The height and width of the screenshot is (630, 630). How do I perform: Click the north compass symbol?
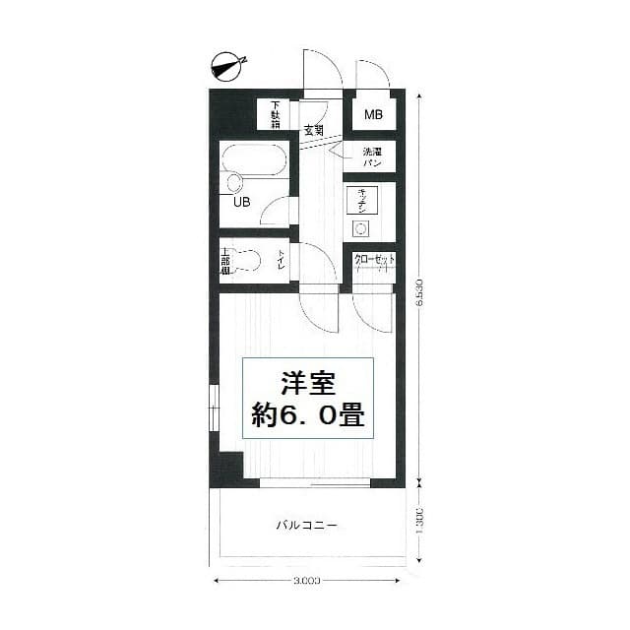[227, 67]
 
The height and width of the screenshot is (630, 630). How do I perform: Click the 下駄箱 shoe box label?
[276, 115]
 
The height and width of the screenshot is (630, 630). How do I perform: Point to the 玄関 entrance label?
[313, 130]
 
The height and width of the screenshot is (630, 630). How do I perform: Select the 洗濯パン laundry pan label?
[372, 157]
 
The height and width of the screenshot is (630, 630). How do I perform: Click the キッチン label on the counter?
[361, 200]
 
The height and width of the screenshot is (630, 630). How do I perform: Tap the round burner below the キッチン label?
[360, 229]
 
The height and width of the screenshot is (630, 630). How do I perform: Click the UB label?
[240, 203]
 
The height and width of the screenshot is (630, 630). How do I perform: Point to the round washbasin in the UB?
[233, 183]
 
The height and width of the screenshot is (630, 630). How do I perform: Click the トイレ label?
[282, 261]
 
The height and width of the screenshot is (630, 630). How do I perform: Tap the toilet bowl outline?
[249, 261]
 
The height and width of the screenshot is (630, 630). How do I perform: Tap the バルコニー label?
[306, 526]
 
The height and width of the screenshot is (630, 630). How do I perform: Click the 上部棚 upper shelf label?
[225, 261]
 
